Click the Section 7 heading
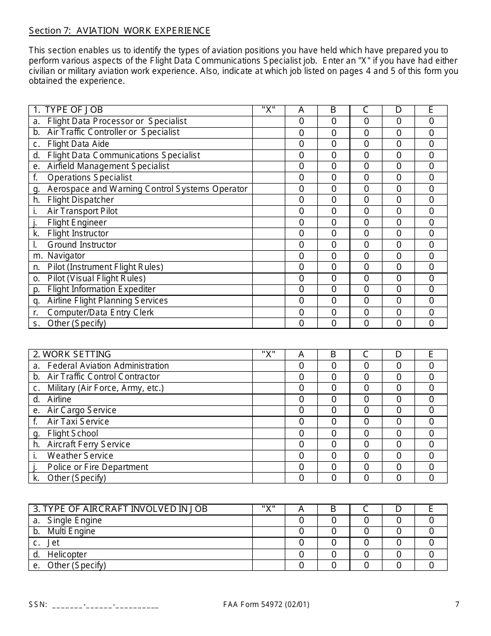point(119,31)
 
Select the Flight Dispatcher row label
point(80,200)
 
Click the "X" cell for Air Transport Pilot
point(268,211)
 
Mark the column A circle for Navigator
point(301,256)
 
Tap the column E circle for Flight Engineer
point(431,222)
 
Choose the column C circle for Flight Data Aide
point(366,144)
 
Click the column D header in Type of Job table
point(398,110)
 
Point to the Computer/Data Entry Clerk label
point(100,312)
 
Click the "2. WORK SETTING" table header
point(72,355)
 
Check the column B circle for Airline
point(334,399)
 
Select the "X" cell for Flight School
point(268,433)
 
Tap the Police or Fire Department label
point(97,467)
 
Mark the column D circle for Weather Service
point(398,456)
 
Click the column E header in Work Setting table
point(431,355)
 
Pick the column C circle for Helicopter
point(366,554)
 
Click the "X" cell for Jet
point(268,543)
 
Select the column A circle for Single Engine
point(301,521)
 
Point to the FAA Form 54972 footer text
point(266,604)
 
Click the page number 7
point(457,604)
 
